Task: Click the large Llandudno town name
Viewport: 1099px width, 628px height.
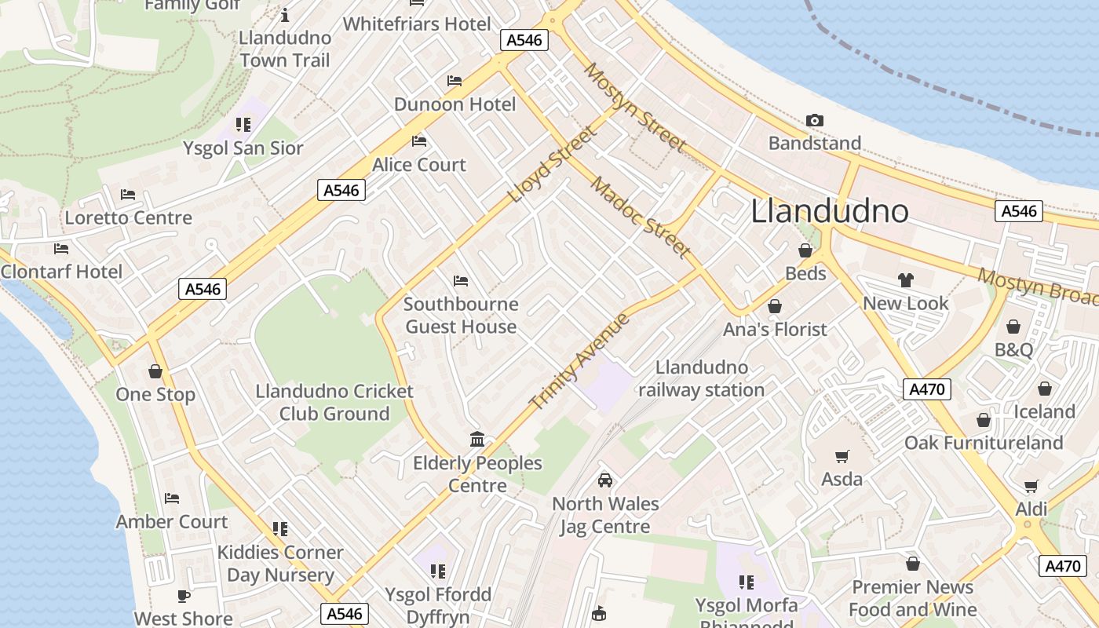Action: click(x=830, y=211)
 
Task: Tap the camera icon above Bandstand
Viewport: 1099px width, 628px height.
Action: click(x=815, y=120)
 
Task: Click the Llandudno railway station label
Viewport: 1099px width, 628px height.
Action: click(x=701, y=378)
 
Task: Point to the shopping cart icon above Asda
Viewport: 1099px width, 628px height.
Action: click(x=842, y=456)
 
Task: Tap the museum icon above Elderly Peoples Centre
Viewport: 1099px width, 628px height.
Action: click(x=476, y=439)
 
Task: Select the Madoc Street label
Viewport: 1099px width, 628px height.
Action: click(x=641, y=217)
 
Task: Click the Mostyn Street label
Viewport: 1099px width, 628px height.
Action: click(x=634, y=108)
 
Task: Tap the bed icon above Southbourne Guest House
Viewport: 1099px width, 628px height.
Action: click(x=461, y=280)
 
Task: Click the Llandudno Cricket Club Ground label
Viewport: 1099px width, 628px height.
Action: click(x=334, y=402)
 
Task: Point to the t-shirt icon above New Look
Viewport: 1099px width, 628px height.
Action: click(x=905, y=279)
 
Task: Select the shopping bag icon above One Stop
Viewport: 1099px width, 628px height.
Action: click(x=155, y=371)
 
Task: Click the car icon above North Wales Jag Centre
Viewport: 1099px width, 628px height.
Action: click(x=605, y=480)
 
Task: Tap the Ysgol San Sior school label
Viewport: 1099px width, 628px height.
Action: click(x=243, y=148)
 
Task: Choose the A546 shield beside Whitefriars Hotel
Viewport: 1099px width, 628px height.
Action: click(x=524, y=40)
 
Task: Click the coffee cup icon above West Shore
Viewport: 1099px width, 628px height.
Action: click(x=184, y=596)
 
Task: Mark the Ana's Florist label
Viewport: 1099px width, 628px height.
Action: click(x=775, y=329)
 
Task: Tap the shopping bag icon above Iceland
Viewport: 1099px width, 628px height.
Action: click(x=1044, y=389)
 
